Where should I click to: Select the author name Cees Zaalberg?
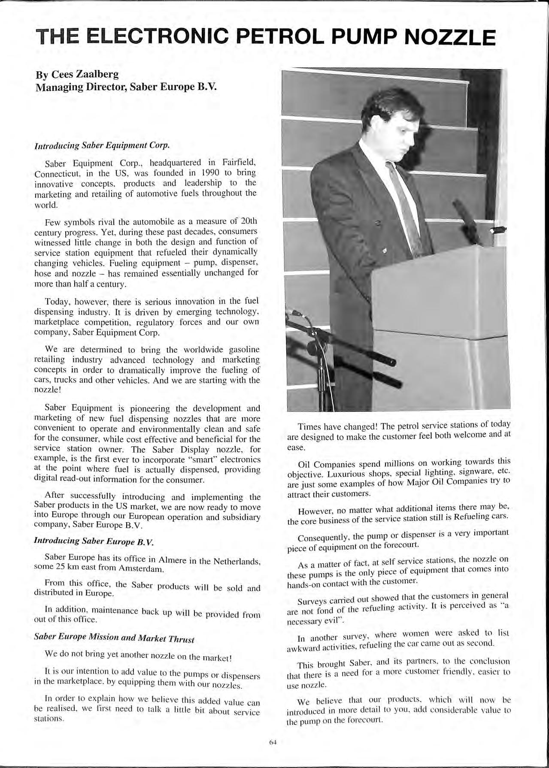click(85, 75)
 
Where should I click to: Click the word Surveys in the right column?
click(312, 600)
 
